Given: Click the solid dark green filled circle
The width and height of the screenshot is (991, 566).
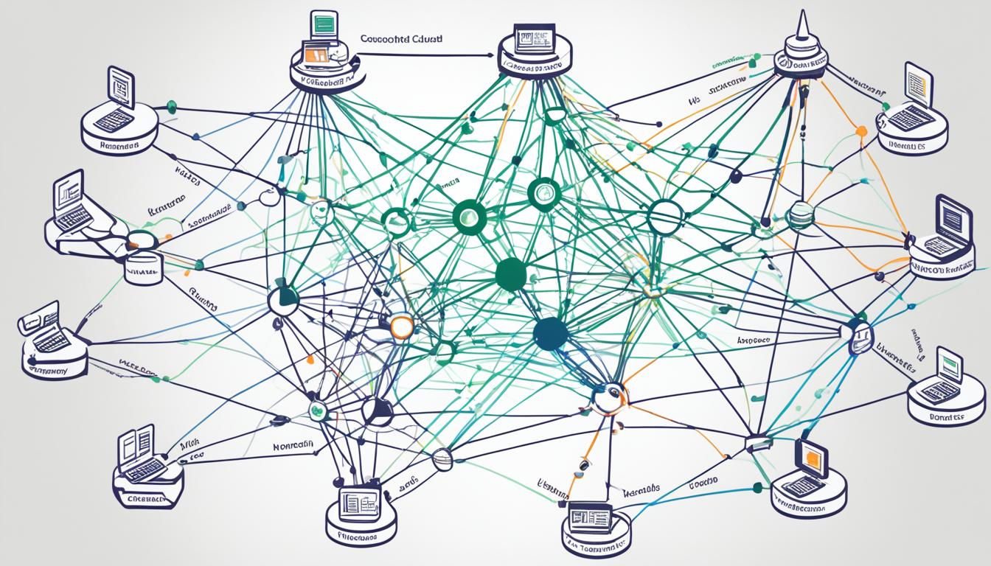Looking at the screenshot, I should pos(511,274).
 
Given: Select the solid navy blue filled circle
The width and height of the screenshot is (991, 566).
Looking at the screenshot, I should pos(550,334).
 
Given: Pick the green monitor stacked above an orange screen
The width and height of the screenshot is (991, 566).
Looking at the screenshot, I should pos(324,24).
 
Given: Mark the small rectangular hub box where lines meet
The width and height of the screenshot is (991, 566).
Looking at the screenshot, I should pos(756,443).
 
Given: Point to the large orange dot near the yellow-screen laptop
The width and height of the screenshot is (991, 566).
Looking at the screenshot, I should pos(860,131).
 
